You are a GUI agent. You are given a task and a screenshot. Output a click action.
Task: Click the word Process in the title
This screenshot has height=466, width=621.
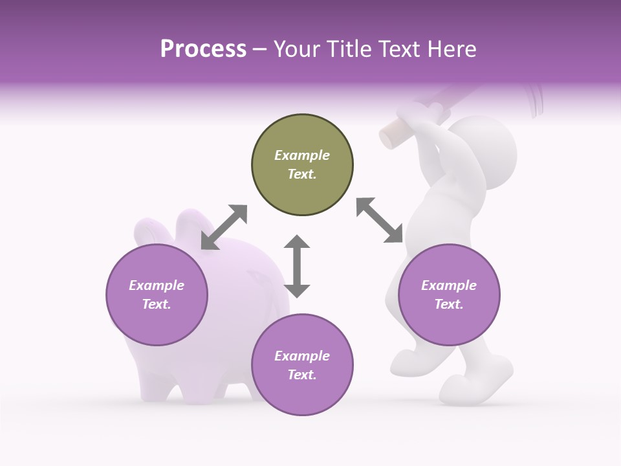[x=203, y=49]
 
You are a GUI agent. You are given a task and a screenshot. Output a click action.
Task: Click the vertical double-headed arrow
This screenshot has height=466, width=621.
[x=297, y=266]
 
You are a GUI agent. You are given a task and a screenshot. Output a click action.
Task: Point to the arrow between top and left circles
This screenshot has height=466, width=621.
[x=224, y=227]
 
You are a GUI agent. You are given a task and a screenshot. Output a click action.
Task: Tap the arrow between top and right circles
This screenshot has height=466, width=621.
[x=380, y=221]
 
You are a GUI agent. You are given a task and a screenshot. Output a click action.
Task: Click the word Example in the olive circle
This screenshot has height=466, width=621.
[x=302, y=155]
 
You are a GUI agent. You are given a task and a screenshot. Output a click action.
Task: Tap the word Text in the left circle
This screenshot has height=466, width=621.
[x=157, y=304]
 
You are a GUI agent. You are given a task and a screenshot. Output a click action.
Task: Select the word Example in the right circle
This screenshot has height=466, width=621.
[x=449, y=285]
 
